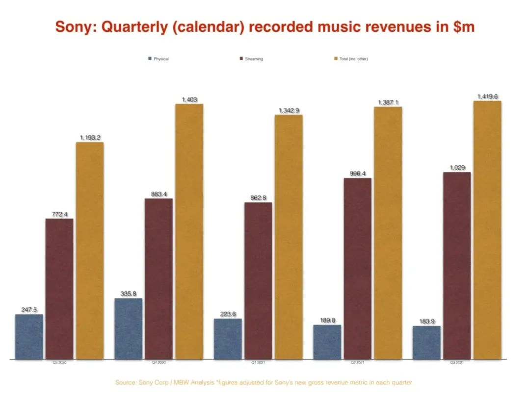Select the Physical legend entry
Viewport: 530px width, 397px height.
click(158, 59)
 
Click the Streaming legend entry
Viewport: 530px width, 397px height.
click(251, 59)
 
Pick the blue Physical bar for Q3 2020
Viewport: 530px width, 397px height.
click(29, 337)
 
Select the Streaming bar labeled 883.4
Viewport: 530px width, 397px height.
click(159, 279)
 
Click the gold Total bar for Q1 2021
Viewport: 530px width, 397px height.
click(289, 237)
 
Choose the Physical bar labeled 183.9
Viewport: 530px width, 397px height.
click(426, 343)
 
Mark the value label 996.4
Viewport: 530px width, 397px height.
click(357, 174)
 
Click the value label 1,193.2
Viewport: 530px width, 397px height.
click(90, 138)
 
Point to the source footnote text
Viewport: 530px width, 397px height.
click(264, 382)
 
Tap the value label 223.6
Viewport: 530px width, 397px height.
click(228, 314)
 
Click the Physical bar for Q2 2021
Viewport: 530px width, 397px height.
click(327, 342)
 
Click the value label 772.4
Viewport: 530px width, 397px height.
click(59, 214)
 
